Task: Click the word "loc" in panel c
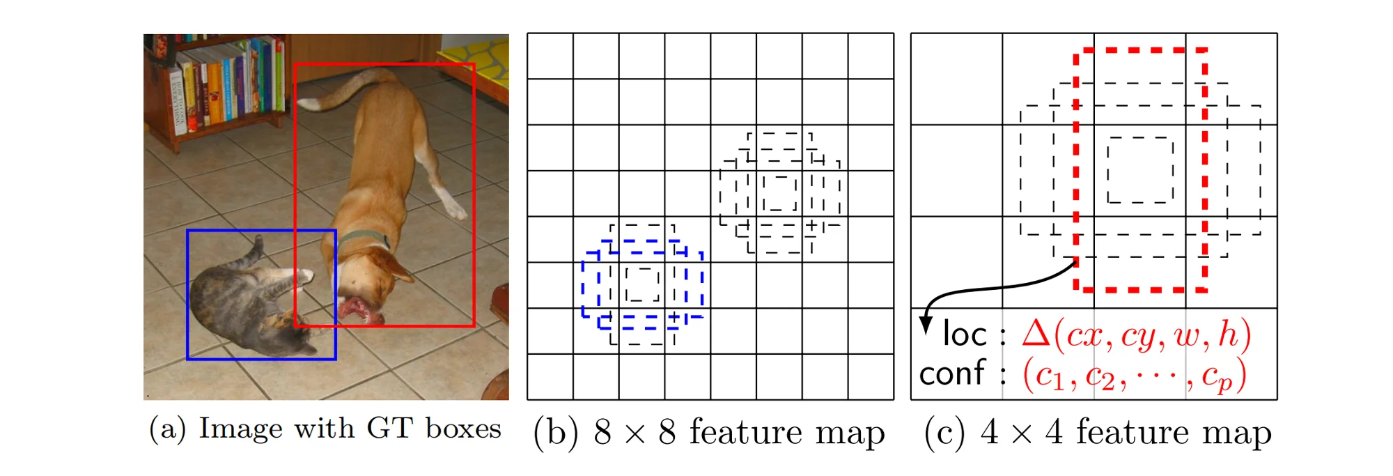(x=965, y=335)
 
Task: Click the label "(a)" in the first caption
(x=167, y=429)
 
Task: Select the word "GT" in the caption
(x=390, y=428)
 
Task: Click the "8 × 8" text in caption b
(x=634, y=433)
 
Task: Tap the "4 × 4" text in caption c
(x=1020, y=433)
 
